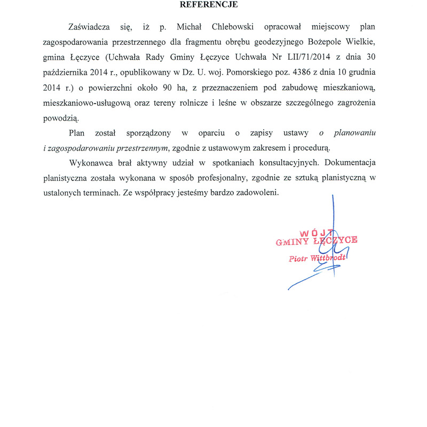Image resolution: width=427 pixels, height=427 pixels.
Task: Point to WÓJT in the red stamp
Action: click(316, 233)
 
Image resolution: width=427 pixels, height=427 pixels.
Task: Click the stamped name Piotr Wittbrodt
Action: click(317, 258)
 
